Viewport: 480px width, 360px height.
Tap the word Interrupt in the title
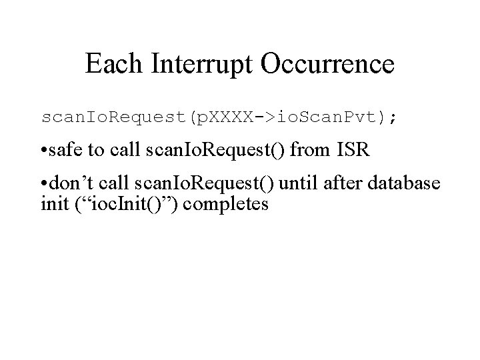pyautogui.click(x=199, y=65)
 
